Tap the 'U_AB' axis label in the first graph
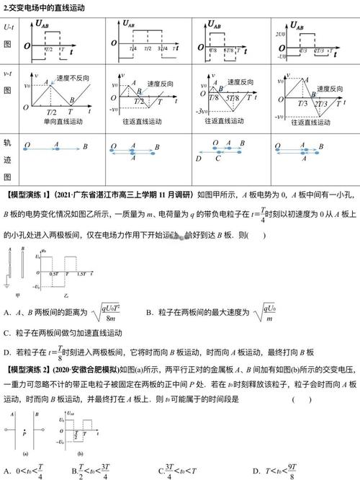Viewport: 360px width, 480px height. tap(47, 24)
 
